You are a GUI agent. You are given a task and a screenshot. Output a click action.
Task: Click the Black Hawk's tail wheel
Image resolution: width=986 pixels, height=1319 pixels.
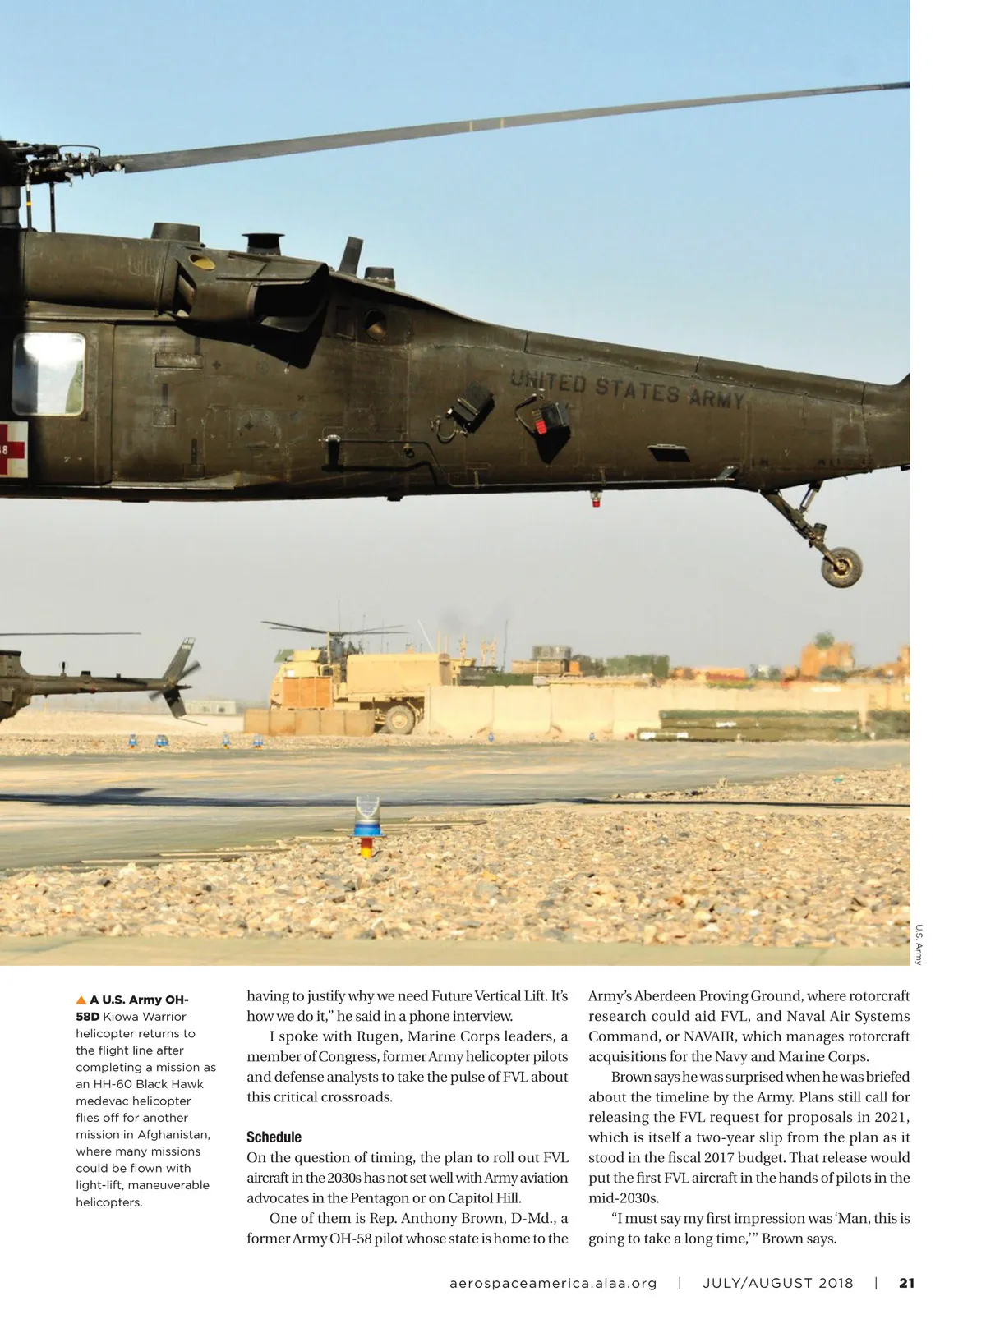click(842, 566)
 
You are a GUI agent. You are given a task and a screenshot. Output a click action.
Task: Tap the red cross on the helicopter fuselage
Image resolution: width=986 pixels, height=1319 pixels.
click(12, 447)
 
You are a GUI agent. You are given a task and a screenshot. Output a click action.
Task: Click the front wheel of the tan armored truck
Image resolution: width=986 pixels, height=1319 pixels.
click(399, 720)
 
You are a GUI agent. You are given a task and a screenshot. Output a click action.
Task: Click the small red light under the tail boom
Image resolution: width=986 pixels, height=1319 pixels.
click(596, 499)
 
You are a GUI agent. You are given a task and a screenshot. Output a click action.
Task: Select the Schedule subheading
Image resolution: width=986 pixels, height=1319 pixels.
click(274, 1137)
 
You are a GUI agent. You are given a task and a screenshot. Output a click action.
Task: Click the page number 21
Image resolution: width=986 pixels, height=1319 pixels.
click(907, 1283)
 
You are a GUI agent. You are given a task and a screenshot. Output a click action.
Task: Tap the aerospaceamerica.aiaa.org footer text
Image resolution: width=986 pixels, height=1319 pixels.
click(554, 1283)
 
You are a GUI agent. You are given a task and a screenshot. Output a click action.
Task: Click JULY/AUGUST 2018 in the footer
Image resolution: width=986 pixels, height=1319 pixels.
click(778, 1283)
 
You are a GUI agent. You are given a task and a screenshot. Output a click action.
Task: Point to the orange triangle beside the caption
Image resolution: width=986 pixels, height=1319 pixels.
click(81, 1000)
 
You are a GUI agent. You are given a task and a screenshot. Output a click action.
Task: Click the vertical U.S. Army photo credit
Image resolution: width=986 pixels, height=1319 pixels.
click(919, 944)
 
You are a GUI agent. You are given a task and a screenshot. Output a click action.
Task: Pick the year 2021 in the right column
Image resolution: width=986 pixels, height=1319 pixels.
click(892, 1117)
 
